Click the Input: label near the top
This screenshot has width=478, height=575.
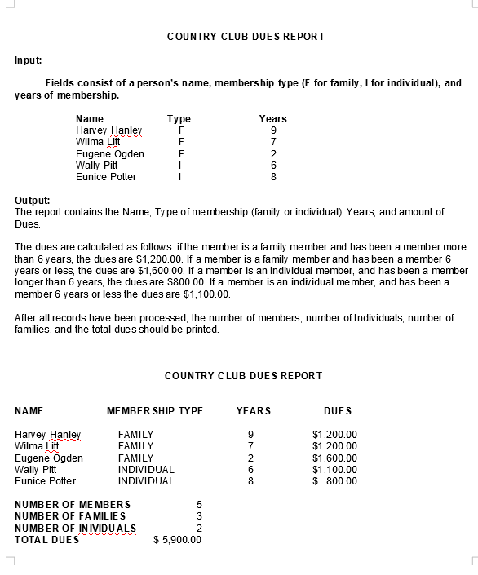tap(29, 60)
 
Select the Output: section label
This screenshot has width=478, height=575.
tap(33, 200)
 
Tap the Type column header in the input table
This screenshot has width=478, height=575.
tap(179, 119)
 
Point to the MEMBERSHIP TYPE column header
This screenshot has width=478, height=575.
tap(155, 411)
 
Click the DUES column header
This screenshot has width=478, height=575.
tap(338, 411)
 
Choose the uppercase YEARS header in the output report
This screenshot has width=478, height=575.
tap(253, 411)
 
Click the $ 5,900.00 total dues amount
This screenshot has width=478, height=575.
tap(177, 540)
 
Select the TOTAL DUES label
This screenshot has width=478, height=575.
tap(47, 540)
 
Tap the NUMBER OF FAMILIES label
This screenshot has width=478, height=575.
tap(71, 516)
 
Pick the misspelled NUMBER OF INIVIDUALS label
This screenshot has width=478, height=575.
tap(74, 529)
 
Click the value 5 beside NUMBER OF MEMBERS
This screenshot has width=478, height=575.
tap(199, 505)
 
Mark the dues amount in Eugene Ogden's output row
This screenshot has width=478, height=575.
tap(334, 458)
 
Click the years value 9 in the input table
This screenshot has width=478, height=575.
tap(273, 130)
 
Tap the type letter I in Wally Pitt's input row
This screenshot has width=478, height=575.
tap(179, 165)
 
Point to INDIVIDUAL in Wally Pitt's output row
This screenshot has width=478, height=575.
tap(146, 470)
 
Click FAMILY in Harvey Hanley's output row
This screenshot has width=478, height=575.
tap(135, 435)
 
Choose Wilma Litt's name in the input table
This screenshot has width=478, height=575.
tap(98, 142)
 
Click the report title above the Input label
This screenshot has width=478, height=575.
tap(246, 37)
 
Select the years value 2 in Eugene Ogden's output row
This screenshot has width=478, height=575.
tap(251, 458)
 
